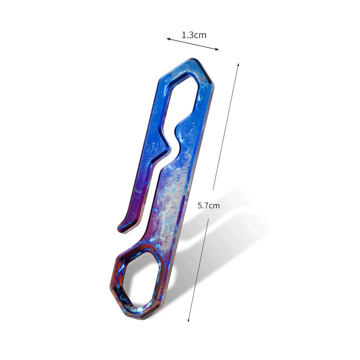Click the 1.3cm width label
tap(194, 35)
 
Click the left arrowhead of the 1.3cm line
tap(168, 39)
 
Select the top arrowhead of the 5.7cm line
tap(238, 65)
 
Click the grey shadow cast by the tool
tap(234, 234)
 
